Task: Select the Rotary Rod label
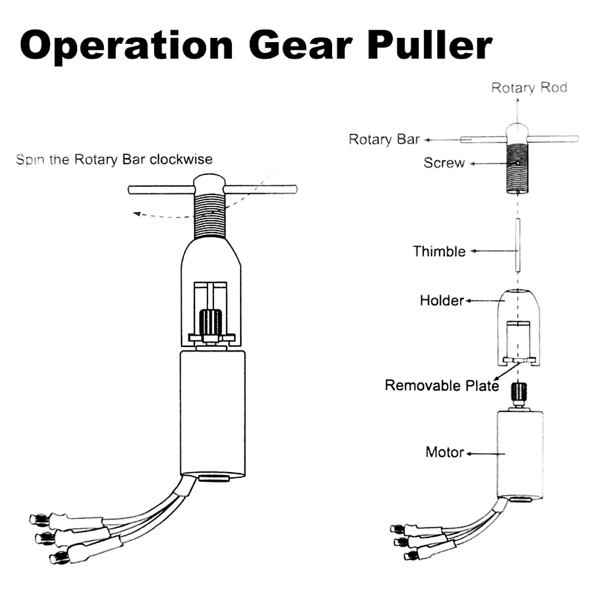click(529, 88)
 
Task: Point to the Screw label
click(444, 162)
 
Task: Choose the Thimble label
click(439, 251)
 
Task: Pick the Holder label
click(441, 301)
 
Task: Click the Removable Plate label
click(442, 385)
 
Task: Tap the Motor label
click(444, 452)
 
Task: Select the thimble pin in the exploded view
click(518, 244)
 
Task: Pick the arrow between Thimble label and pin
click(490, 251)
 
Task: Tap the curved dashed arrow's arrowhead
click(136, 214)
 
